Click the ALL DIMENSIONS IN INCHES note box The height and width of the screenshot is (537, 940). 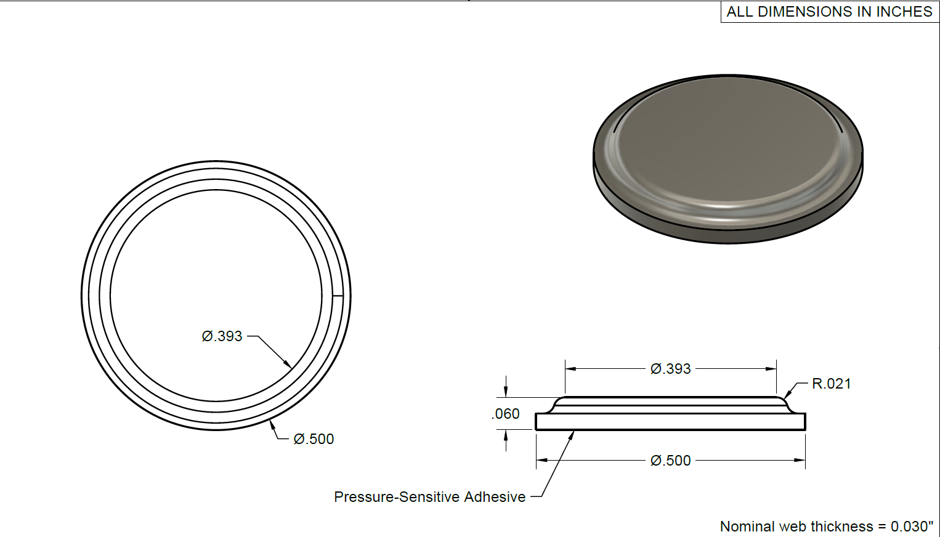tap(829, 12)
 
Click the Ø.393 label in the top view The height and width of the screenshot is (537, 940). tap(222, 336)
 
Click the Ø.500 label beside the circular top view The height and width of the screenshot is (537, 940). tap(314, 439)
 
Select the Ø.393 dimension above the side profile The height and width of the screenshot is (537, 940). tap(670, 369)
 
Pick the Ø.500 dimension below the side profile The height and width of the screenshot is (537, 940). tap(670, 461)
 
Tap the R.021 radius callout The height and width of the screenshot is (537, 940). tap(831, 384)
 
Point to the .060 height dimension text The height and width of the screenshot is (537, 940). tap(506, 414)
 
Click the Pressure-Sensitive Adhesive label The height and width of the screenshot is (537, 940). tap(429, 497)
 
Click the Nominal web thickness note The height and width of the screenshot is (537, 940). tap(826, 527)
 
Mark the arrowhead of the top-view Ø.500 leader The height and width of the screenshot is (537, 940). tap(272, 423)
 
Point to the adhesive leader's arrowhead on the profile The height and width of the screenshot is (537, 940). tap(572, 434)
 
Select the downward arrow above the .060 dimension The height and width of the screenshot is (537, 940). tap(506, 392)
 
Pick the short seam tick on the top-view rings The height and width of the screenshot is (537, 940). tap(338, 296)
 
